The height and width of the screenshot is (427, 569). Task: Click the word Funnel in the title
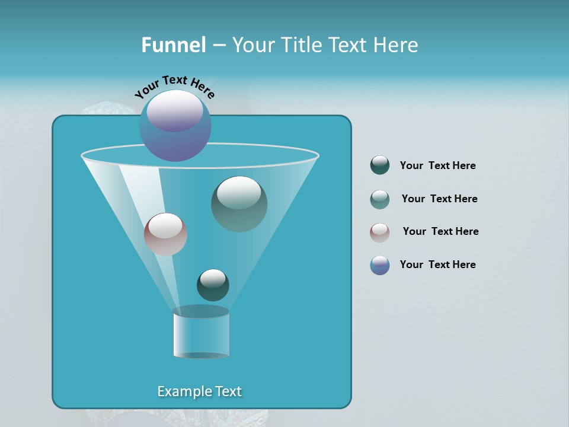(x=173, y=45)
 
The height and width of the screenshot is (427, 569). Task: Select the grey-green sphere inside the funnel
(x=239, y=204)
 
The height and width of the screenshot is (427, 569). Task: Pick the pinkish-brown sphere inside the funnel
(x=165, y=234)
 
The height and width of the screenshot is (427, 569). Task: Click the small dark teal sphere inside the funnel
(x=213, y=285)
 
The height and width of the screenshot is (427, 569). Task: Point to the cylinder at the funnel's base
(x=201, y=333)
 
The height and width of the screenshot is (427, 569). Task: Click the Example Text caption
(x=200, y=391)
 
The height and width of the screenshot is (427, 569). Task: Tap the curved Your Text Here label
(x=174, y=86)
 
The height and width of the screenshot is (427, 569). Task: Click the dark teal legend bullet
(x=380, y=165)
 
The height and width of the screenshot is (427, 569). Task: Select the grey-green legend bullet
(x=380, y=199)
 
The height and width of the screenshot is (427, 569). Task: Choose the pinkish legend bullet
(x=380, y=232)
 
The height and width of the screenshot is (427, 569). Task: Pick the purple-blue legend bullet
(x=380, y=265)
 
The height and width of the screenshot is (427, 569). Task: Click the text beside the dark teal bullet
(x=437, y=165)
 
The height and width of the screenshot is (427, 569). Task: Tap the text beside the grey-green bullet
(x=439, y=199)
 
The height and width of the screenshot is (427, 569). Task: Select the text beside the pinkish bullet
(x=440, y=231)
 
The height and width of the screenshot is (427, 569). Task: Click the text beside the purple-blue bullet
(x=437, y=265)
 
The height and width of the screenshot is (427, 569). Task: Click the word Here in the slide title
(x=397, y=45)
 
